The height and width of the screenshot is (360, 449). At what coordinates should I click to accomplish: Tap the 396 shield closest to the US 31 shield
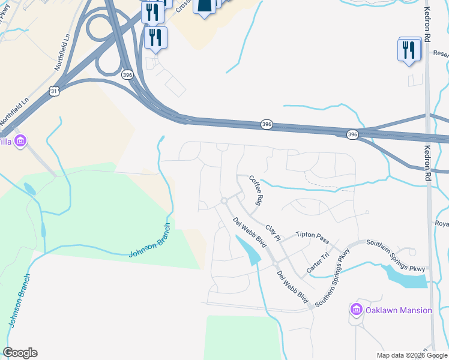coord(127,75)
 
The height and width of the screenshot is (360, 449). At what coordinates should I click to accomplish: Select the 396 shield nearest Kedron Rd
coord(352,135)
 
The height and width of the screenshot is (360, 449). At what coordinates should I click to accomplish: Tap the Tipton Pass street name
coord(312,237)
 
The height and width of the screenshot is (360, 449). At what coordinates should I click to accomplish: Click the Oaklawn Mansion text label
coord(398,310)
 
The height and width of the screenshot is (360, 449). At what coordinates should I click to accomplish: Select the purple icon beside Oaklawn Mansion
coord(356,310)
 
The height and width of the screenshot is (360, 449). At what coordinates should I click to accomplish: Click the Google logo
coord(20,353)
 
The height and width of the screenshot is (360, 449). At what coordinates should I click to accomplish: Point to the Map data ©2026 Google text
coord(411,355)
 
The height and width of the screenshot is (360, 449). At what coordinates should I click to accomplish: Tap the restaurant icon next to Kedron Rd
coord(409,50)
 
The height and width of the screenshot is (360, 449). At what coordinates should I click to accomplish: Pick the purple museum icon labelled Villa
coord(20,142)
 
